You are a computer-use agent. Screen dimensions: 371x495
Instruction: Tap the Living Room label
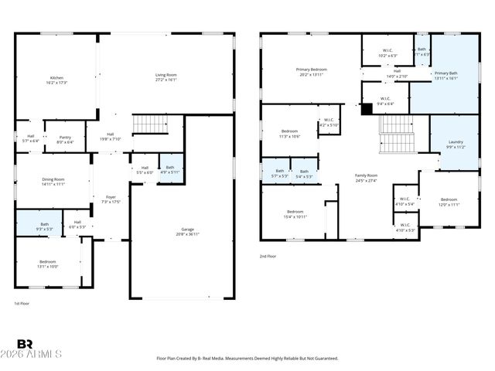pos(166,77)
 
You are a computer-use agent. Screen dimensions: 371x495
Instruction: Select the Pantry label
pos(65,139)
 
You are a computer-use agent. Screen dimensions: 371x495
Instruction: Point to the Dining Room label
pos(53,182)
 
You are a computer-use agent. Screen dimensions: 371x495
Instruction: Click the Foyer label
pos(111,199)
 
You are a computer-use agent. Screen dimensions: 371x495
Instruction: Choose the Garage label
pos(187,231)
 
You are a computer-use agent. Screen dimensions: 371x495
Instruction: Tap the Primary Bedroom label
pos(312,72)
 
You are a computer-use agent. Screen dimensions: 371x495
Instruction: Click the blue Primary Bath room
pos(445,75)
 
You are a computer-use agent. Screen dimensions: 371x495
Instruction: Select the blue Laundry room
pos(455,144)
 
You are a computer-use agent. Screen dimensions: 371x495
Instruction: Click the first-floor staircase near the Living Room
pos(150,124)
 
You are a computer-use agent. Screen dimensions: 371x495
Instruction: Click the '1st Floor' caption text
pos(23,303)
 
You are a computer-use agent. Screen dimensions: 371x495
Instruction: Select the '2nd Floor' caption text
pos(268,257)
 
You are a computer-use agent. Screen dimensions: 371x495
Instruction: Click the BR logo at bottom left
pos(25,344)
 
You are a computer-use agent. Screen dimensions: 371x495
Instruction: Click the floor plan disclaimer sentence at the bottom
pos(247,359)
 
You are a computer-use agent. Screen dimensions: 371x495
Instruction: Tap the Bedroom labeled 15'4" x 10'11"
pos(295,214)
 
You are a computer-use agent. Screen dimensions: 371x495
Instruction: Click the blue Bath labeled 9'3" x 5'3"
pos(44,226)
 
